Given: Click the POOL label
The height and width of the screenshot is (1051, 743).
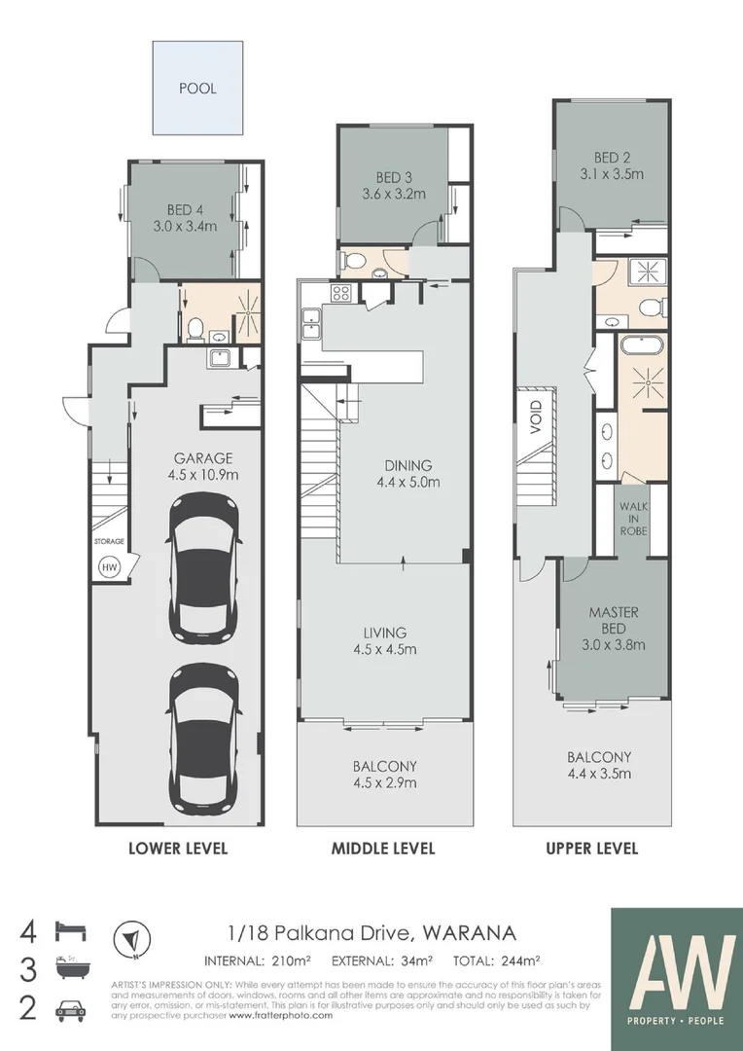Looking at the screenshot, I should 197,88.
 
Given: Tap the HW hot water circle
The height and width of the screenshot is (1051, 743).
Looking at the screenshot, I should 106,565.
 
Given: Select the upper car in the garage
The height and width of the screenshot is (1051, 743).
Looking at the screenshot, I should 204,568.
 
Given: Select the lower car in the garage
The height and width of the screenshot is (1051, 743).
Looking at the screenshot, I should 204,738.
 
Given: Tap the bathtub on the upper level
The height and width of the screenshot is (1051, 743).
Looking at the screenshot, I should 641,344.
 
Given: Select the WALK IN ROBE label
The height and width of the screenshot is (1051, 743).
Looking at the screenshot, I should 641,520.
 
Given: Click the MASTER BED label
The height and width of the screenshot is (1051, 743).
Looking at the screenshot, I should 614,620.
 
